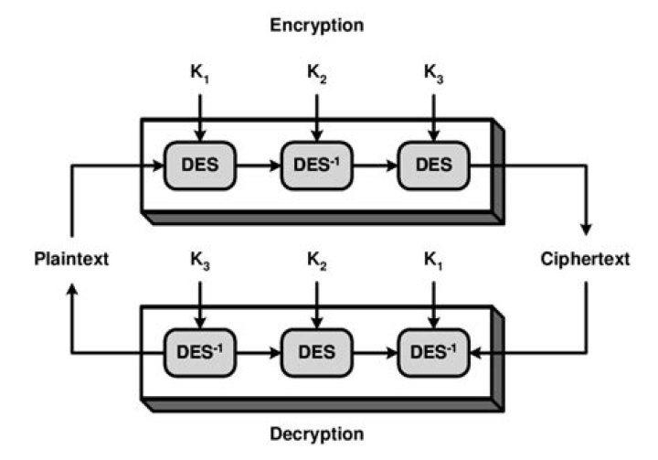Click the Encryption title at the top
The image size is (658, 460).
click(316, 26)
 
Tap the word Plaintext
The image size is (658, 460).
click(73, 259)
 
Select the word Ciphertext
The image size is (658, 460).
click(585, 259)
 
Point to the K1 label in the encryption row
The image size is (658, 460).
click(199, 72)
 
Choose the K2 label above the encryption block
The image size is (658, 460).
click(316, 72)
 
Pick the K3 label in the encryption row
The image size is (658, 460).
click(433, 72)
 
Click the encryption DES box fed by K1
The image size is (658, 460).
click(199, 166)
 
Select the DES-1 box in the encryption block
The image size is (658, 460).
click(316, 166)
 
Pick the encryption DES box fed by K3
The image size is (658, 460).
click(433, 166)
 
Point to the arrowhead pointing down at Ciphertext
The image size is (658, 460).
click(585, 228)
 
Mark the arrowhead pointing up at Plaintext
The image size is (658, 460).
click(72, 290)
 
